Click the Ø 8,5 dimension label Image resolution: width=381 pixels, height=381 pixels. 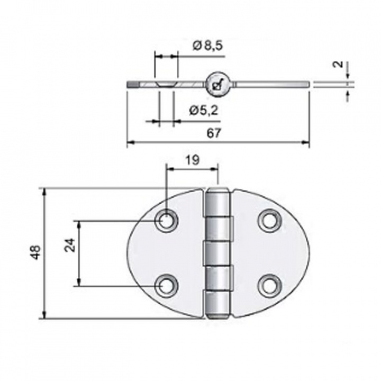208,46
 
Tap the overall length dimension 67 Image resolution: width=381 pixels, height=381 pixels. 214,133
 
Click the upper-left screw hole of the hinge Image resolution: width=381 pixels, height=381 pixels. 166,221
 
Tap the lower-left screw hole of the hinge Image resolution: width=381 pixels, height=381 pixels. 167,285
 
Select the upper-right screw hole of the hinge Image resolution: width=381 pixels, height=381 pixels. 268,220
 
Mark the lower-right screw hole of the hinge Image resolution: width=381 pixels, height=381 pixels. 268,284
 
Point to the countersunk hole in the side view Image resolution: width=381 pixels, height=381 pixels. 165,84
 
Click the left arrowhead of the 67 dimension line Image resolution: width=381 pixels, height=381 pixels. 130,142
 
